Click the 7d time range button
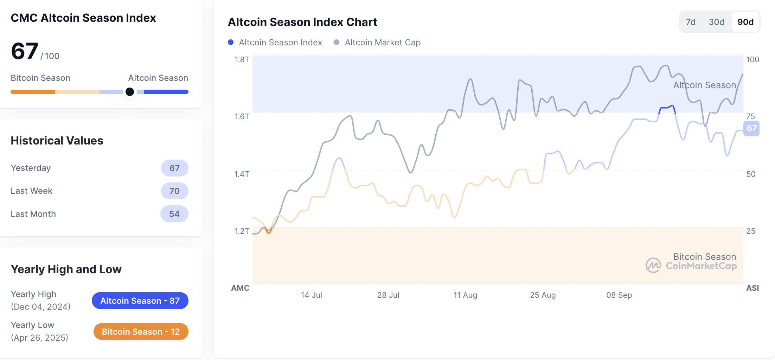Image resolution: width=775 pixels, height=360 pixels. pyautogui.click(x=690, y=22)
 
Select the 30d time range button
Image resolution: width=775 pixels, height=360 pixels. pyautogui.click(x=716, y=22)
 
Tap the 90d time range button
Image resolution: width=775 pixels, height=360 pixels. pyautogui.click(x=745, y=22)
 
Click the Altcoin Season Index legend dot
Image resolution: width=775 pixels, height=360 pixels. pyautogui.click(x=231, y=43)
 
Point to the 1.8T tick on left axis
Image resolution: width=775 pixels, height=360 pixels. pyautogui.click(x=242, y=59)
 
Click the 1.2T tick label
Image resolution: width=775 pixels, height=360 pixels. pyautogui.click(x=242, y=231)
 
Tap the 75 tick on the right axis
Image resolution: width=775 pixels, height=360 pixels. pyautogui.click(x=750, y=116)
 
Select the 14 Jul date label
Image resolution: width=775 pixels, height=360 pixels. pyautogui.click(x=311, y=295)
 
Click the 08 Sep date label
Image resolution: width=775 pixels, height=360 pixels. pyautogui.click(x=619, y=295)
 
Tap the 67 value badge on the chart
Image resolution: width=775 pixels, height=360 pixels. pyautogui.click(x=751, y=128)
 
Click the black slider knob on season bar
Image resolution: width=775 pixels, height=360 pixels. pyautogui.click(x=130, y=92)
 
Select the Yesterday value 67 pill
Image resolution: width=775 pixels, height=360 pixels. pyautogui.click(x=174, y=168)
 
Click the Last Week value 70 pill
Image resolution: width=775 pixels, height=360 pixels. pyautogui.click(x=174, y=191)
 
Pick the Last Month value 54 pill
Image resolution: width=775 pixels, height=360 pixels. pyautogui.click(x=174, y=214)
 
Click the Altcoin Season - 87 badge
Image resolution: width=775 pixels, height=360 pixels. pyautogui.click(x=140, y=301)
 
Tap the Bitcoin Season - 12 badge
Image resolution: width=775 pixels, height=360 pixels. pyautogui.click(x=141, y=332)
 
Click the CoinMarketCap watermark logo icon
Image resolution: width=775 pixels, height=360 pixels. pyautogui.click(x=653, y=265)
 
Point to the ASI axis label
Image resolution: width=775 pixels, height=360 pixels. pyautogui.click(x=752, y=288)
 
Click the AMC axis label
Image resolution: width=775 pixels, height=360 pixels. pyautogui.click(x=240, y=288)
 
